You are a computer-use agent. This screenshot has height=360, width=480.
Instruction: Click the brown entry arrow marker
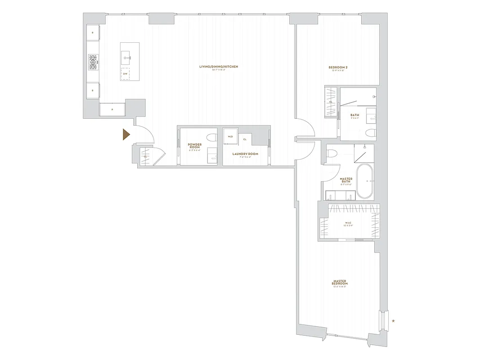126,135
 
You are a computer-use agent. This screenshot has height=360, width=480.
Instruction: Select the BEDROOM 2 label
338,67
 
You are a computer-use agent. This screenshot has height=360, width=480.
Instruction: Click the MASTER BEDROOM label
340,283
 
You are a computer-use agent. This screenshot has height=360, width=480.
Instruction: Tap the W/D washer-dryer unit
230,136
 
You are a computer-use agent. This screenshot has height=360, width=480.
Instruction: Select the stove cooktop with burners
93,62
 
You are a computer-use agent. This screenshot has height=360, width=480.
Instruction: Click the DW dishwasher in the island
125,74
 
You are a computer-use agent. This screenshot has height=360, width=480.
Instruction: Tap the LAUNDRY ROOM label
245,154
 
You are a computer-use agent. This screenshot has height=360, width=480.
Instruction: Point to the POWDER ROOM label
195,146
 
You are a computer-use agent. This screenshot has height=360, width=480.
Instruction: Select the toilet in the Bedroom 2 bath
369,132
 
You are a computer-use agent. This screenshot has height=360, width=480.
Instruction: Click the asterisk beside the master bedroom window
394,321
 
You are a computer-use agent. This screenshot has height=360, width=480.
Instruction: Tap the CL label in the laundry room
245,139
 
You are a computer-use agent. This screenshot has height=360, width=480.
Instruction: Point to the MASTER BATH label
346,180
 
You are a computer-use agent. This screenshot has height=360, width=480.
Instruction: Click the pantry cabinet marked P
112,109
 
